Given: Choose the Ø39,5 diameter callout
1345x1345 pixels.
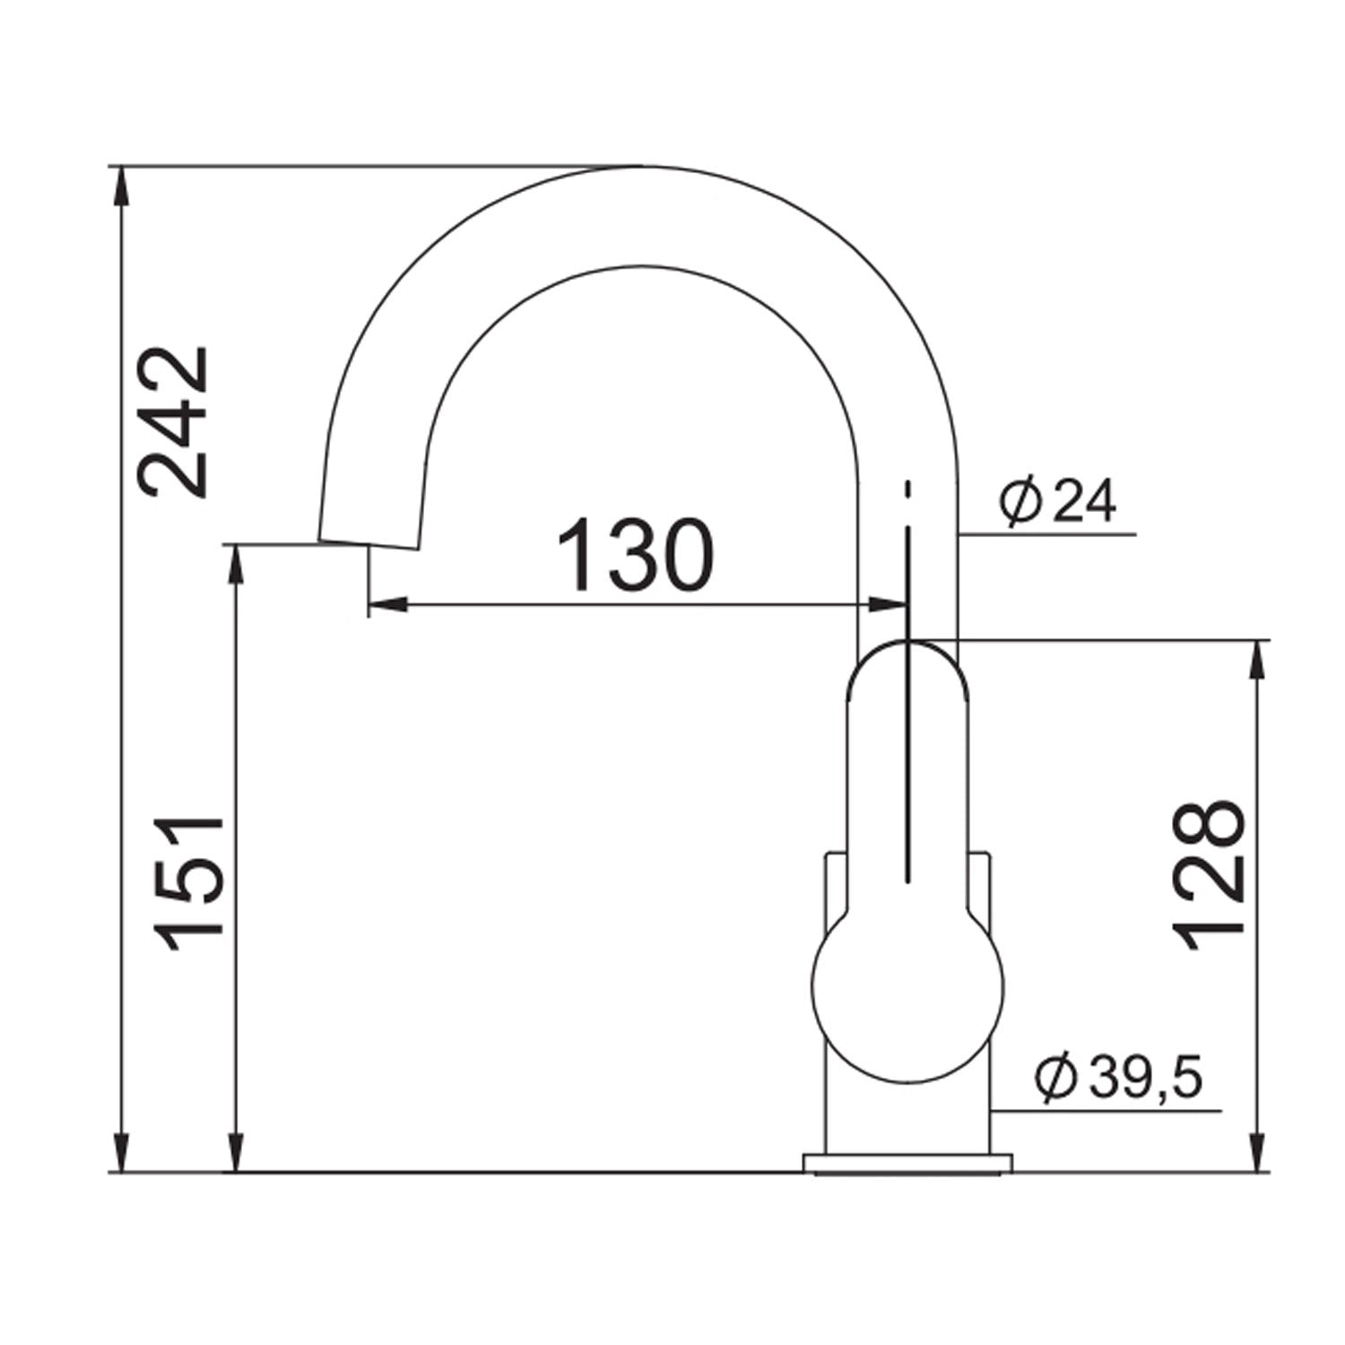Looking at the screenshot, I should (x=1116, y=1079).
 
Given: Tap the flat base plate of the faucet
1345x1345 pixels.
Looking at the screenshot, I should (x=907, y=1164).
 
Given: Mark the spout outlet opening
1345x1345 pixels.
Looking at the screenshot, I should (x=369, y=543).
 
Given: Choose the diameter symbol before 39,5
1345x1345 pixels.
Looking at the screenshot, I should (x=1055, y=1080).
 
